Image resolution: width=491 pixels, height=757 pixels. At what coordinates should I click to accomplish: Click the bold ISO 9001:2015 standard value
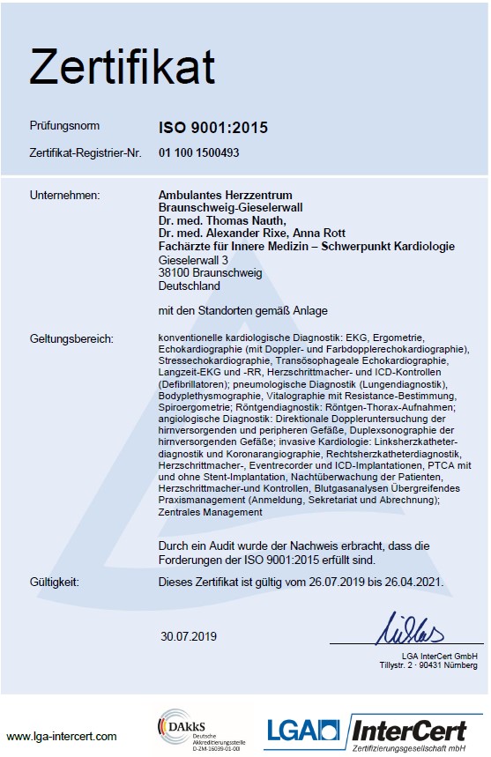click(212, 129)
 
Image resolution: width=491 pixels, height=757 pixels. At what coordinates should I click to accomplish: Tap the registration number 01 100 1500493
click(199, 152)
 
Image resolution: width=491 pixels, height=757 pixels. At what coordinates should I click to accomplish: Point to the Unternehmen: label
click(64, 194)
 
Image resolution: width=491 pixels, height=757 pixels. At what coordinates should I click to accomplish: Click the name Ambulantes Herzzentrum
click(225, 194)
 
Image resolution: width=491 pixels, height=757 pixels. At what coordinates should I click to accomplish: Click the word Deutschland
click(189, 286)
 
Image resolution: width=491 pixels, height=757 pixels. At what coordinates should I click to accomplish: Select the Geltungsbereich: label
click(71, 338)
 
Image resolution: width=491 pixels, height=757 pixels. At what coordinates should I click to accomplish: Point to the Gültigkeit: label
click(54, 583)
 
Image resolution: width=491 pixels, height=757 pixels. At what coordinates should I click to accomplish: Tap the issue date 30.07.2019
click(188, 635)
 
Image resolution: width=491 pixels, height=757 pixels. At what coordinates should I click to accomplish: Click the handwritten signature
click(414, 629)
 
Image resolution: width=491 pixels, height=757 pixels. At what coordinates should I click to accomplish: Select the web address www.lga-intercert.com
click(62, 736)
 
